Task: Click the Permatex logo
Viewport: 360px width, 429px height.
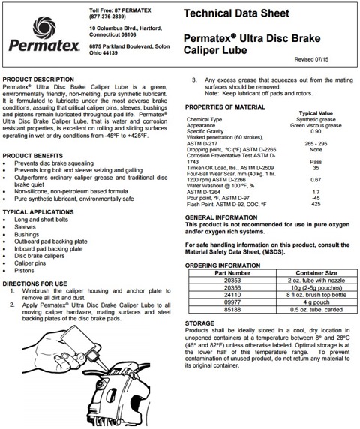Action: tap(37, 36)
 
